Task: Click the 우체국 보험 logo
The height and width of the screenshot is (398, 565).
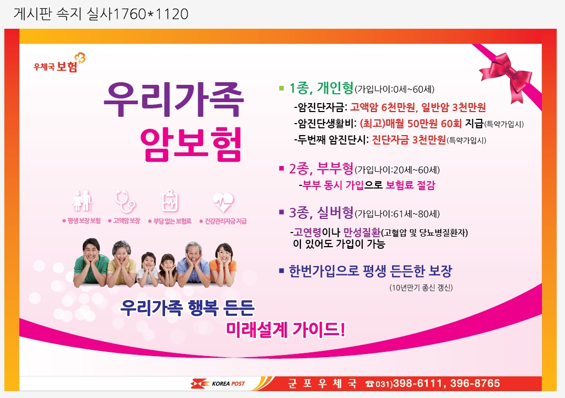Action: [59, 63]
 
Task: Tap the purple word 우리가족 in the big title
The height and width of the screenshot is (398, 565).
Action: [174, 99]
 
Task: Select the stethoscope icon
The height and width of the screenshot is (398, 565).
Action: [125, 201]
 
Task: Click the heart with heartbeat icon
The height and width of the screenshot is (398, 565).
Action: [223, 202]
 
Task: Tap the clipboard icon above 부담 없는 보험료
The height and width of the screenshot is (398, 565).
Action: [170, 201]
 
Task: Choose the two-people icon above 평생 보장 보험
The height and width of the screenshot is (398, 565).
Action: [82, 201]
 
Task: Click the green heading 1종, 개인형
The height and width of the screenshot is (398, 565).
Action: [321, 88]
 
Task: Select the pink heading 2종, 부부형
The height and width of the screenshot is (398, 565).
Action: [321, 169]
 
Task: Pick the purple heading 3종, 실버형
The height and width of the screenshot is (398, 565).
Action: [321, 213]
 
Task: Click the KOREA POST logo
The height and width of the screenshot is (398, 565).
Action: [218, 383]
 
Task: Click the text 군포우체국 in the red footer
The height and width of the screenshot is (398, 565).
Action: [322, 383]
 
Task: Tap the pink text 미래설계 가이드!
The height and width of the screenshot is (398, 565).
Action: [285, 329]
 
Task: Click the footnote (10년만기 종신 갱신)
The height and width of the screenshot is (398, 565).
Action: [421, 288]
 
